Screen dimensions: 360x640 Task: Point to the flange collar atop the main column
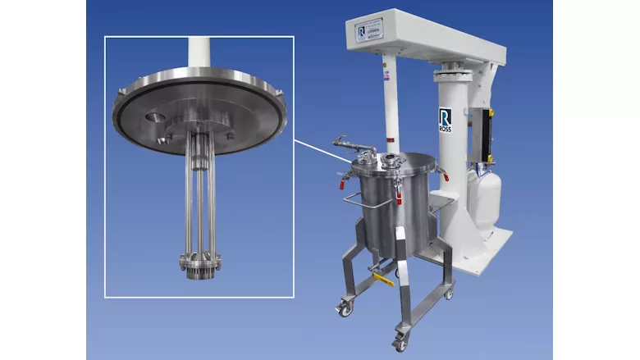coord(456,68)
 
